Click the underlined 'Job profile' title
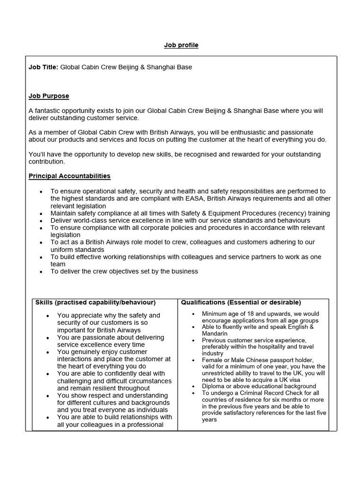pyautogui.click(x=181, y=45)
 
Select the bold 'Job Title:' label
pyautogui.click(x=43, y=67)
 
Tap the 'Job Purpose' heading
pyautogui.click(x=49, y=96)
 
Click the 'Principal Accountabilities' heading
pyautogui.click(x=69, y=176)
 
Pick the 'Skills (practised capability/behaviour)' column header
pyautogui.click(x=95, y=302)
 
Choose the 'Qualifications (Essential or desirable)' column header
pyautogui.click(x=241, y=302)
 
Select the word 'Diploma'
pyautogui.click(x=213, y=386)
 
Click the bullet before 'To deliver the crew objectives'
pyautogui.click(x=41, y=272)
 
